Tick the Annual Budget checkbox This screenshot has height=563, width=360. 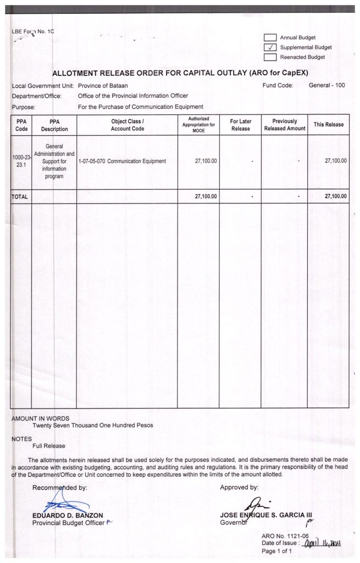[x=270, y=37]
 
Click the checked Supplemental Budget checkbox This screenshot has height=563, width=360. [x=270, y=47]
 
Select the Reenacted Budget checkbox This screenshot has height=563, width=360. [x=270, y=57]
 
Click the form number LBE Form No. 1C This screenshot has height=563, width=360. [x=33, y=32]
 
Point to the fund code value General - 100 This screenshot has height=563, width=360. [x=326, y=85]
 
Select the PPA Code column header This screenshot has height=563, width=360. [x=21, y=125]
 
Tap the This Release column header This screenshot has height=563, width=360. [x=328, y=125]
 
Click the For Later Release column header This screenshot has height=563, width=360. [x=240, y=125]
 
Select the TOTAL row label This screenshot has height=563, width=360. [x=20, y=196]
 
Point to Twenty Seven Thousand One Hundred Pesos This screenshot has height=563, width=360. [x=92, y=425]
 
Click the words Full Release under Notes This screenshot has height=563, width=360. [x=49, y=446]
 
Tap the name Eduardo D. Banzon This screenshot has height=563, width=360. [x=68, y=515]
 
